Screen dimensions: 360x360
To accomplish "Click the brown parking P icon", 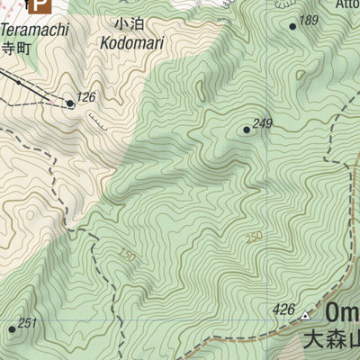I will [x=39, y=7].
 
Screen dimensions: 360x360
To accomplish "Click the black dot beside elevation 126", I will [x=71, y=103].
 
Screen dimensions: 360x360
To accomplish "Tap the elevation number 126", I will [x=86, y=96].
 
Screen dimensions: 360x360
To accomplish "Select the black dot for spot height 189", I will [x=292, y=26].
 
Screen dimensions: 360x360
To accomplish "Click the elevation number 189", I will [x=309, y=20].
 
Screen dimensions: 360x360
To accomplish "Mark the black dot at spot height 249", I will [x=247, y=130].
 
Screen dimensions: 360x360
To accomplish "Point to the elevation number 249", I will [x=262, y=123].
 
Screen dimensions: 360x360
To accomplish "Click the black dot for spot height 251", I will [x=12, y=329].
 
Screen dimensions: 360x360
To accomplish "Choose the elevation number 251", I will [x=27, y=323].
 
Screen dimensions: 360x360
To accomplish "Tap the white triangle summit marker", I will [x=305, y=316].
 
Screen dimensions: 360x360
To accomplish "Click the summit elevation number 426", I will [x=284, y=310].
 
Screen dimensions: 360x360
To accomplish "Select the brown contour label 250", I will [x=255, y=238].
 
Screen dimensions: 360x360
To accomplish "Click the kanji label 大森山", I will [x=330, y=342].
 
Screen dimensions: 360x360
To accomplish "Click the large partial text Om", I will [x=343, y=313].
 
